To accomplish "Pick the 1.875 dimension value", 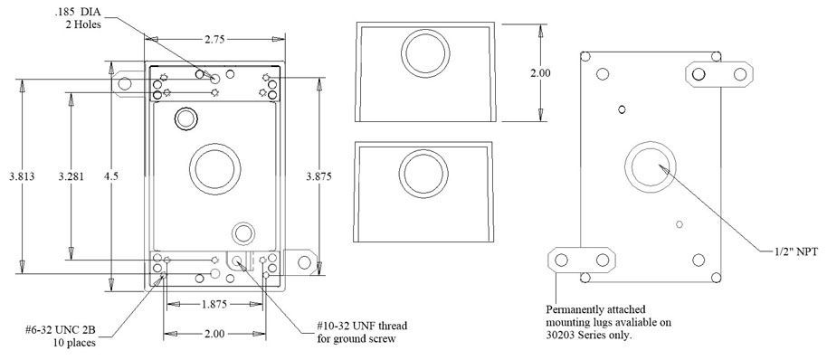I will (x=214, y=304).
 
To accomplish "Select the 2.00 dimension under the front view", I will (x=214, y=334).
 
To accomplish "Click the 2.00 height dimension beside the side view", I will (x=539, y=73).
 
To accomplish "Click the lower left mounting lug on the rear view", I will (x=574, y=260).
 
